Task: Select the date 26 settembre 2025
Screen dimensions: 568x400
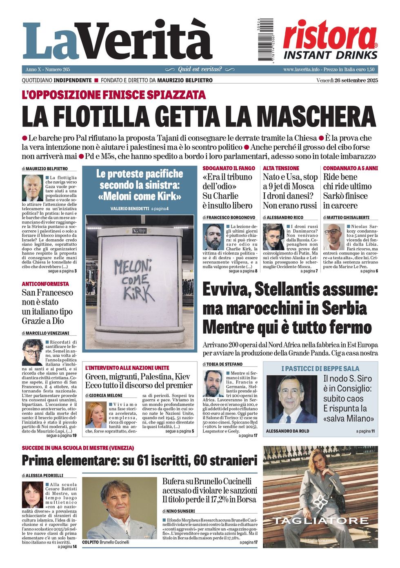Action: [x=356, y=80]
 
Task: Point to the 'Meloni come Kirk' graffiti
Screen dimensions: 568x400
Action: [x=134, y=280]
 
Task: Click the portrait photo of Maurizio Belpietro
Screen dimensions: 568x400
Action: [x=33, y=187]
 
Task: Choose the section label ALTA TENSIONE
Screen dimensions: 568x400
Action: [x=281, y=168]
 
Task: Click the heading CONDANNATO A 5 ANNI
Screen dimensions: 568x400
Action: [x=350, y=168]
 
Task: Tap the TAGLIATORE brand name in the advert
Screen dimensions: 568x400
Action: [x=320, y=521]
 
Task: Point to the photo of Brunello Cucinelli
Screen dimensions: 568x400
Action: [x=119, y=508]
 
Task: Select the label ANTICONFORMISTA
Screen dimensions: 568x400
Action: [x=45, y=284]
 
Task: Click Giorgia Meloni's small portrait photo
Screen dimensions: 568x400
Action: [x=96, y=414]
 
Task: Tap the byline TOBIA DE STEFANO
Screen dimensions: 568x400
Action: [x=224, y=364]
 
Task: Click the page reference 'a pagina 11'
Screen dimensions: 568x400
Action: [x=365, y=431]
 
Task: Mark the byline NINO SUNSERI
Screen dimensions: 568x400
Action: [x=180, y=511]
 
